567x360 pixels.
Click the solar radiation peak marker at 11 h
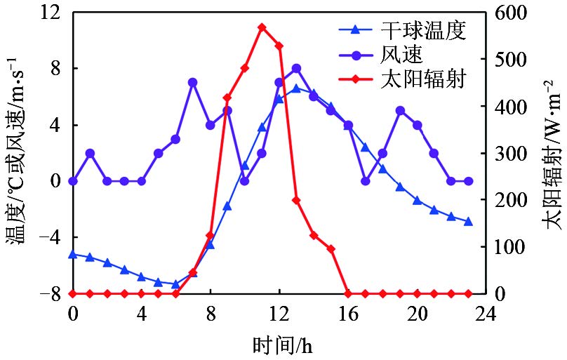pos(262,27)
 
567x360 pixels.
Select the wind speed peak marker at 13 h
pos(296,68)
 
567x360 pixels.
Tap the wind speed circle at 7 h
pos(193,82)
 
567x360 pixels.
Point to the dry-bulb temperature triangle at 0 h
pos(73,254)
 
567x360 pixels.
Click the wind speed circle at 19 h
pos(400,110)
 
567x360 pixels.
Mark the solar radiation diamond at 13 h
pos(296,200)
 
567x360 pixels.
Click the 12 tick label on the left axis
pos(50,13)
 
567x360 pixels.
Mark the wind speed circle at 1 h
pos(90,153)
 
